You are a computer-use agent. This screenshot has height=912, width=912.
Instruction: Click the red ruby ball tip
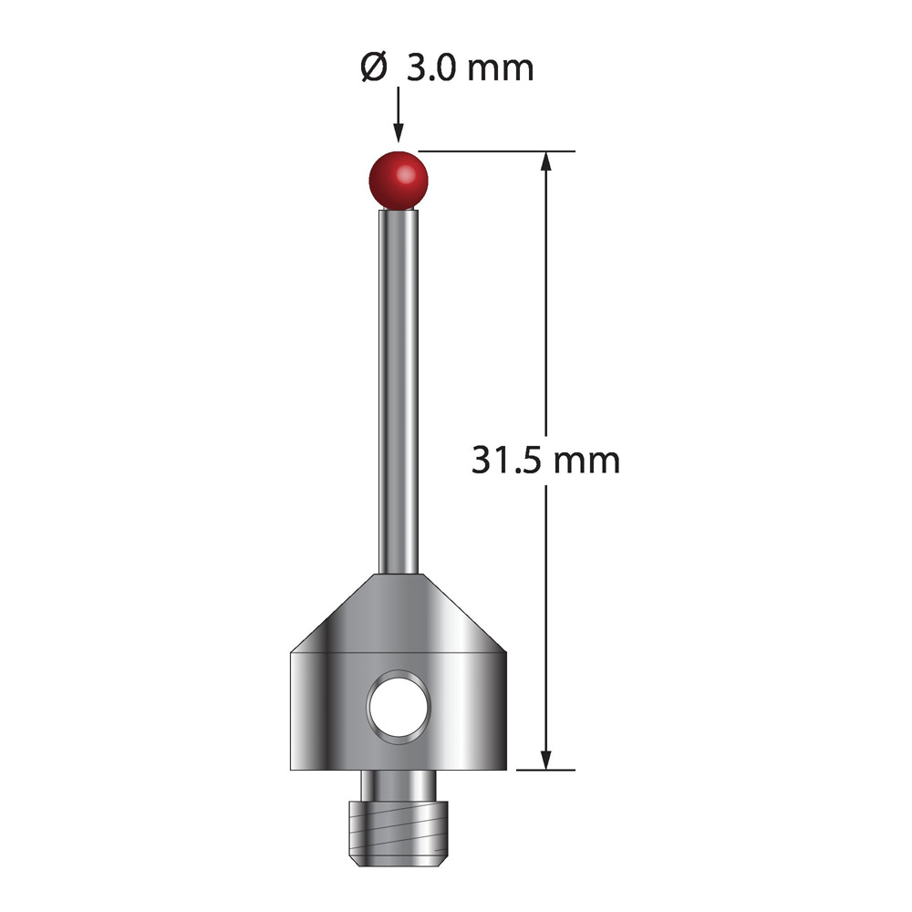(399, 180)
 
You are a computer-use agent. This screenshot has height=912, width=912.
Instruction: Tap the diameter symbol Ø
(373, 67)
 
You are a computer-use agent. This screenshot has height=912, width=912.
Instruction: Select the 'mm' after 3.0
(501, 71)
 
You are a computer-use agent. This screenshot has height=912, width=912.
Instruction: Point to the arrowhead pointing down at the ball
(399, 132)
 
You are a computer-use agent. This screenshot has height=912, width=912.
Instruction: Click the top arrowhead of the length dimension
(545, 161)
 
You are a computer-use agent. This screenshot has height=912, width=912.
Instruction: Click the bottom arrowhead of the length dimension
(545, 760)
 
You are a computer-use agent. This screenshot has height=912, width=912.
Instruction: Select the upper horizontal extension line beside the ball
(497, 151)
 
